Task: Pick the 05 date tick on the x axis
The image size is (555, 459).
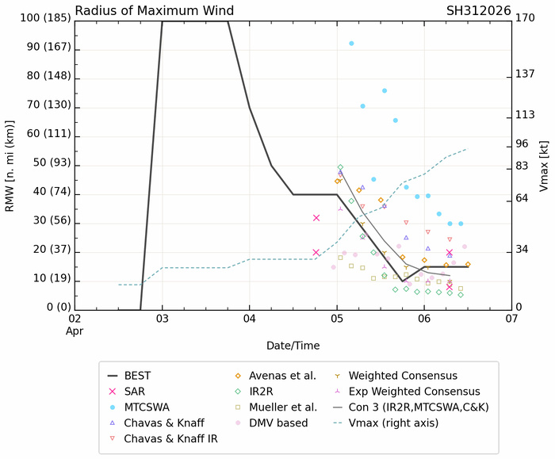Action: click(337, 318)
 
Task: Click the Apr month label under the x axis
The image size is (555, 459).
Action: click(75, 330)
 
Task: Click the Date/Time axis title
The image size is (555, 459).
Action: click(293, 346)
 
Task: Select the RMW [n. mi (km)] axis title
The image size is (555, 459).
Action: click(10, 163)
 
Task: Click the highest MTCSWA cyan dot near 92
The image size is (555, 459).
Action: click(351, 44)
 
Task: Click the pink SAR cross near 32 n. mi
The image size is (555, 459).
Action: click(316, 218)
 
